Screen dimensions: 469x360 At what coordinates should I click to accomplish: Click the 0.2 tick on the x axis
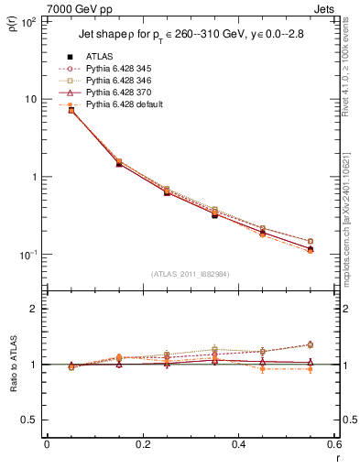tap(142, 444)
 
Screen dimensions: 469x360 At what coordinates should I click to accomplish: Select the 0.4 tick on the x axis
tap(238, 444)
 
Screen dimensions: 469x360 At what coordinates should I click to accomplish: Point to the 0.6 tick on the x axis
tap(333, 444)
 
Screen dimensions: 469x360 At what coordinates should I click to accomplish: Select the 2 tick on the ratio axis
tap(34, 309)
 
